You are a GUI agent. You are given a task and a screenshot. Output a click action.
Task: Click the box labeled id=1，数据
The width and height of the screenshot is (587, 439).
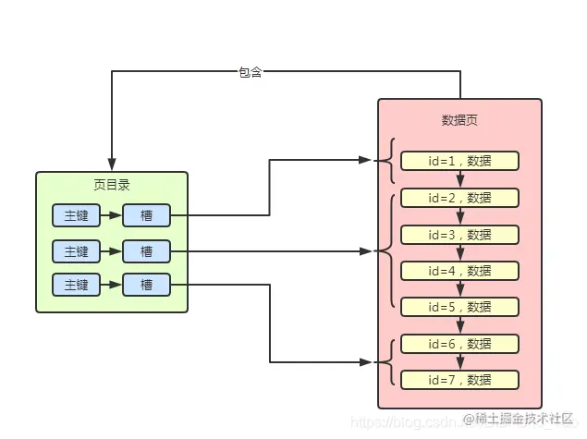coord(459,161)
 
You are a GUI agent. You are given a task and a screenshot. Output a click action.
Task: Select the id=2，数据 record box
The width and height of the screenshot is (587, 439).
coord(459,197)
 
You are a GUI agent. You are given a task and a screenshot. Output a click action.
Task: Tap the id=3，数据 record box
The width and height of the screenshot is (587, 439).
coord(459,234)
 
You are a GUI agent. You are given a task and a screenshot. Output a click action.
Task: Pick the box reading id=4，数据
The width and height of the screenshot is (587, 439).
coord(459,270)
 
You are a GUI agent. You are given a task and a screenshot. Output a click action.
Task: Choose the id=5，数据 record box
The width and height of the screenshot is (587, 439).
coord(459,306)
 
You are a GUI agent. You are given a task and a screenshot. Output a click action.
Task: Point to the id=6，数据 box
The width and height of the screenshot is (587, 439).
coord(459,343)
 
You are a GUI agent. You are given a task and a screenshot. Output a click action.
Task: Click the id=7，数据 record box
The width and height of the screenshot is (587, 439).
coord(459,379)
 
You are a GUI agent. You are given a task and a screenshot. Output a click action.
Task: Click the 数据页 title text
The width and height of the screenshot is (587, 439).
coord(459,121)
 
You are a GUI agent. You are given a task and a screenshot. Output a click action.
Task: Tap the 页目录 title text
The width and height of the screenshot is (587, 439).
coord(112,185)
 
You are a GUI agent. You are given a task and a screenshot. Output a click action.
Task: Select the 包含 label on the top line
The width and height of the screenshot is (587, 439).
coord(251,72)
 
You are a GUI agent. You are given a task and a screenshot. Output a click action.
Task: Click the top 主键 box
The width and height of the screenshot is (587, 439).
coord(76,215)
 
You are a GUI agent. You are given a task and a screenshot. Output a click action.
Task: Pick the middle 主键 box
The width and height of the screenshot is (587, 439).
coord(76,250)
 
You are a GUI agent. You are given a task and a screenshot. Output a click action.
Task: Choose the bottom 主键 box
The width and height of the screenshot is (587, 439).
coord(76,285)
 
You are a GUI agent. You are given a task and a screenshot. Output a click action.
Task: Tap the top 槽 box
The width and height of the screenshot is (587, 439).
coord(147,215)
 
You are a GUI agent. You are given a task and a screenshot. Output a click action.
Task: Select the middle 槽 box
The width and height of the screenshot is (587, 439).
coord(147,250)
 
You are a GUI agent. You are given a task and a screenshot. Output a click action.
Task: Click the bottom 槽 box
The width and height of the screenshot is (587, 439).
coord(147,285)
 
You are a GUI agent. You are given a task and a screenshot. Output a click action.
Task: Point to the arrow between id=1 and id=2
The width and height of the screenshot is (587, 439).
coord(459,179)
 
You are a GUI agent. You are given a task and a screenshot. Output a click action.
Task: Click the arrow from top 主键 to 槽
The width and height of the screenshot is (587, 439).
coord(111,215)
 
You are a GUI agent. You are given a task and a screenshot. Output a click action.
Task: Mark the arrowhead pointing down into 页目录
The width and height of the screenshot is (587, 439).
coord(111,165)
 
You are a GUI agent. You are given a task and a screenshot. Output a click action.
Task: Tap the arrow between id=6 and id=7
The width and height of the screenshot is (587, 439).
coord(459,361)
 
